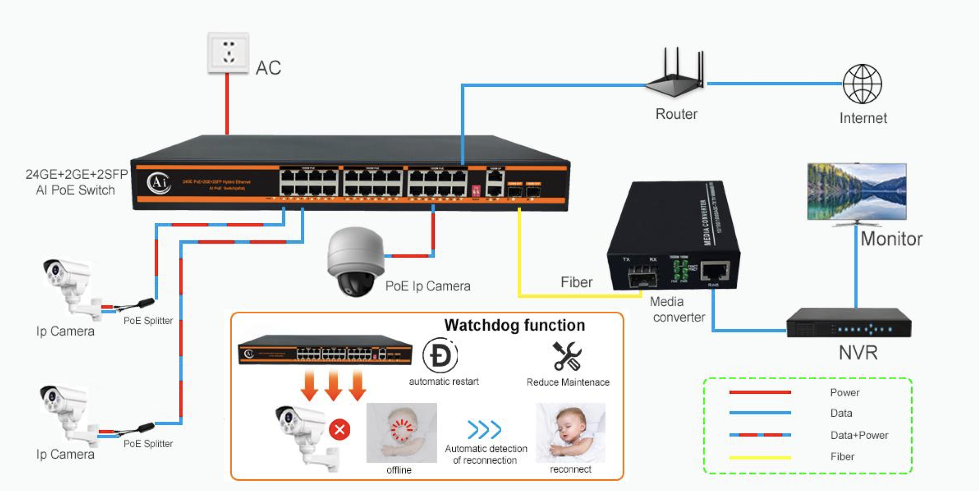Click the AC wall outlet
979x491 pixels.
point(228,53)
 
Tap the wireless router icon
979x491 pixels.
point(675,75)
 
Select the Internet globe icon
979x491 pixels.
point(863,84)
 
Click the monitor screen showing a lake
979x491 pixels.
point(856,191)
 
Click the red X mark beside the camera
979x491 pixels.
point(340,430)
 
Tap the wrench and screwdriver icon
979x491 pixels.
point(567,356)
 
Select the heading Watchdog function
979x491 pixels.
point(514,325)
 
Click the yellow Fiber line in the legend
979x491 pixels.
point(760,457)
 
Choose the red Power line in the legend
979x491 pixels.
point(760,392)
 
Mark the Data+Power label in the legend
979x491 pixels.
point(859,435)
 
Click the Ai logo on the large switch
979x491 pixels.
point(158,183)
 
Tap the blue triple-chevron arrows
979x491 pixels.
point(484,429)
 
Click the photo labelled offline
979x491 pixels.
point(401,432)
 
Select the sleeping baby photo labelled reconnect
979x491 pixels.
point(570,432)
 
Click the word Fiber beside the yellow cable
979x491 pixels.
point(576,282)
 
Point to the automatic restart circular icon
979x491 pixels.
point(440,355)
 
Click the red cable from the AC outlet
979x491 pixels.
point(227,104)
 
